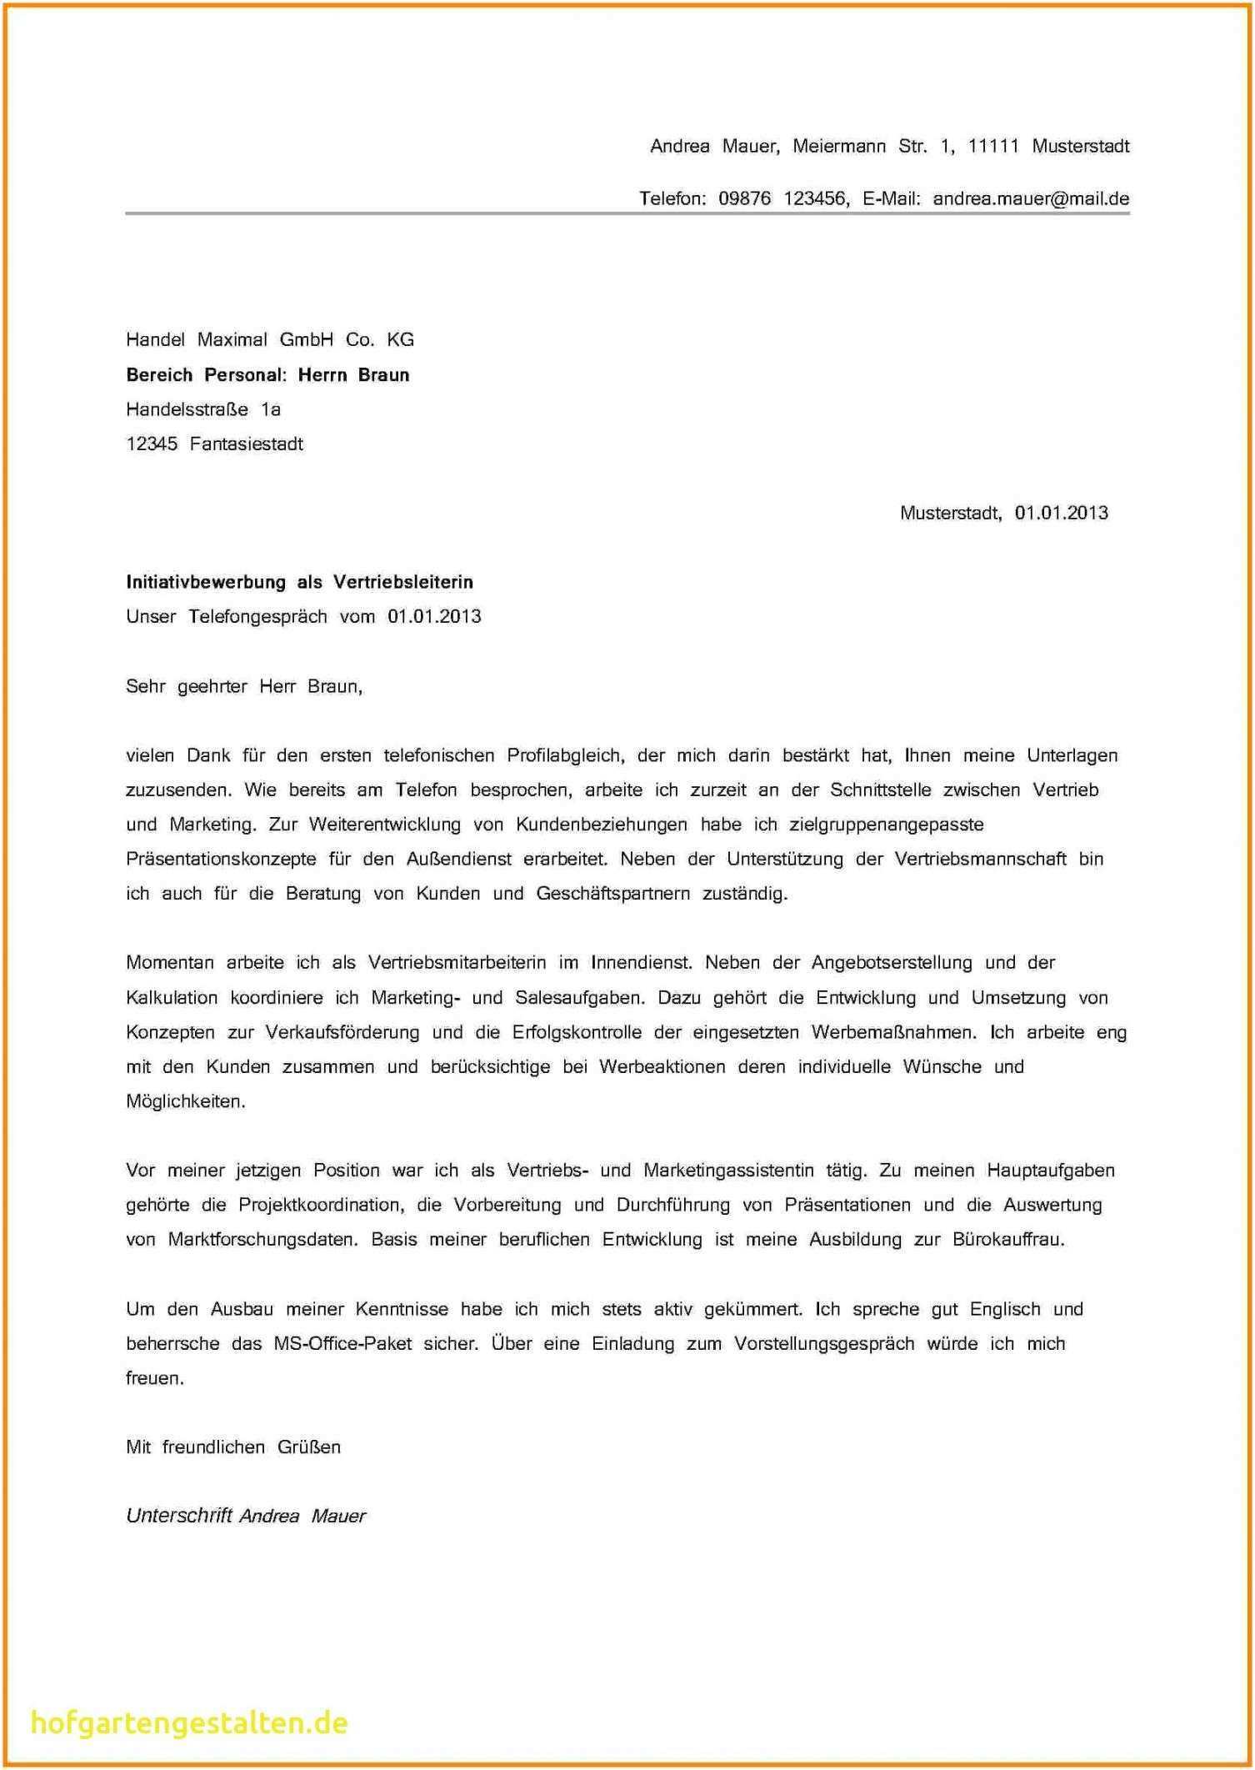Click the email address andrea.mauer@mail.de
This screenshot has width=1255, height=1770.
pos(1031,198)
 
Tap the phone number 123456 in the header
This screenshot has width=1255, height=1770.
pos(816,198)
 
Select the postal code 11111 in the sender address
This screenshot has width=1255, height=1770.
pos(993,146)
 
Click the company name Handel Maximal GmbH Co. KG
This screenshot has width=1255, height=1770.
pos(269,339)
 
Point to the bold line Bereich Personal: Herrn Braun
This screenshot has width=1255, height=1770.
pos(267,374)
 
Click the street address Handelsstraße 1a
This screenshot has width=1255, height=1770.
pos(203,409)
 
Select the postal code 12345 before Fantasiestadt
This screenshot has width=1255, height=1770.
pos(152,444)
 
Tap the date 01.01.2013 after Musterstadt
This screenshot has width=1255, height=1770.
pos(1061,513)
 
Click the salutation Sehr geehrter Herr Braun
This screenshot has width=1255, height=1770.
pos(244,686)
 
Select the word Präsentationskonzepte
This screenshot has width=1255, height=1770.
pos(221,859)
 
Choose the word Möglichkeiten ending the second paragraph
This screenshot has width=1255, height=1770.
pos(185,1101)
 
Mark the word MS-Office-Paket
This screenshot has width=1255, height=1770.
pos(342,1344)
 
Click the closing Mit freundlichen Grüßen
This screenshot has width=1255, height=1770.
pos(233,1447)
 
